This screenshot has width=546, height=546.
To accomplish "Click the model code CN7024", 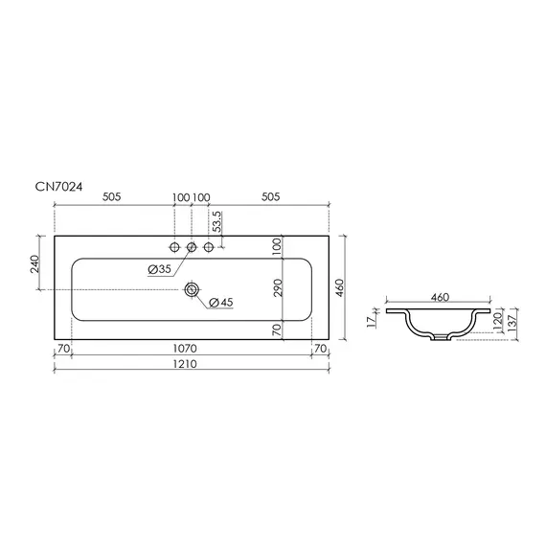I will pos(57,189).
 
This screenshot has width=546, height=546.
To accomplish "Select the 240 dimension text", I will pos(36,264).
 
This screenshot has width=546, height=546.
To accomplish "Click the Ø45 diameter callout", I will pos(221,304).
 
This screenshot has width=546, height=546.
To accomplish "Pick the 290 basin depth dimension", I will pos(277,289).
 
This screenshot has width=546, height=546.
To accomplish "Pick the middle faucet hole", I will pos(192,249).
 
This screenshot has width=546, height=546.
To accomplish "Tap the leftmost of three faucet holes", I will pos(174,249).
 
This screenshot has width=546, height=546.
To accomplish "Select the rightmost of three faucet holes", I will pos(208,249).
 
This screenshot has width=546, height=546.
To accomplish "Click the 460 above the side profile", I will pos(440,298).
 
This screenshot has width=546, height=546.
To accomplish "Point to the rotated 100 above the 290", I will pos(277,246).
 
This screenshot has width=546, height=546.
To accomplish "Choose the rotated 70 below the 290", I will pos(277,330).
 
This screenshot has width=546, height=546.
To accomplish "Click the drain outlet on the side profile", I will pos(441,338).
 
